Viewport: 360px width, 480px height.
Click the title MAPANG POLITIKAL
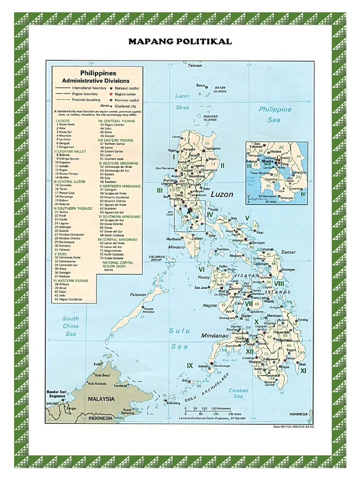click(180, 42)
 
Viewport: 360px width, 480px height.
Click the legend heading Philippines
click(98, 73)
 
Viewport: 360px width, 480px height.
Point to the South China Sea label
click(70, 326)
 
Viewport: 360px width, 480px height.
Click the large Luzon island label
click(221, 194)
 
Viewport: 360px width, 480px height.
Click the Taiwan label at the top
click(195, 66)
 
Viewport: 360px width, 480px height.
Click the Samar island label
click(288, 252)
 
